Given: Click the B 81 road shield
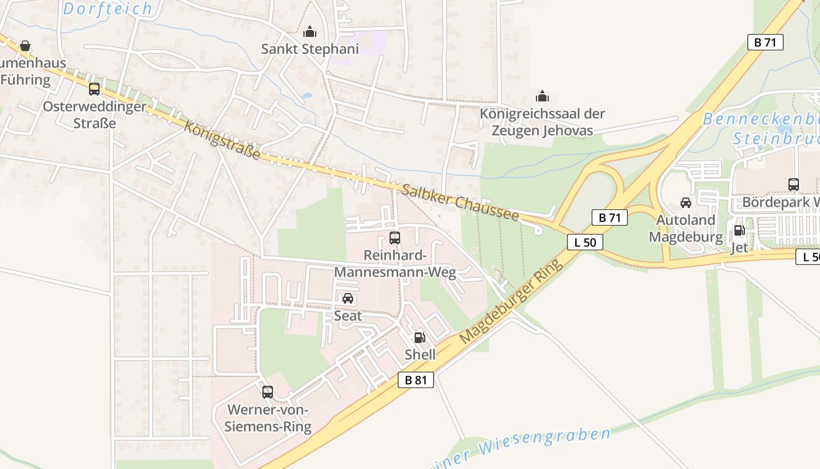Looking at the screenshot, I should pos(416,380).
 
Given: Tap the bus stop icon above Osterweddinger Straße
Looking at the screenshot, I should pos(94,89).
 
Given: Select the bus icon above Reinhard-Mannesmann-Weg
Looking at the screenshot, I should pos(395,238).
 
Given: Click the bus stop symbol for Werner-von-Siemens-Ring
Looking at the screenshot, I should pos(268,392).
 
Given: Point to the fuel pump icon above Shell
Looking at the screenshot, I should pos(419,337).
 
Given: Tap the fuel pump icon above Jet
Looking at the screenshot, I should pos(739,230).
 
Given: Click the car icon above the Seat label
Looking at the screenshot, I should pos(348,298).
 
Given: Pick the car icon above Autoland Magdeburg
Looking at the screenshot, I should pos(685,203).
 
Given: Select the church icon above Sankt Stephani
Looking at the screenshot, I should pos(310,32).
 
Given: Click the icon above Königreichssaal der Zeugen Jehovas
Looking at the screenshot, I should pos(542,96).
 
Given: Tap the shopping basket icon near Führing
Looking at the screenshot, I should pos(25,46).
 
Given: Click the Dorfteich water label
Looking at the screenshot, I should pos(108,9).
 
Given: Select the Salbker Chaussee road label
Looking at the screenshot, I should pos(460,203).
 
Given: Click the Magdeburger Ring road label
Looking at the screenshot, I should pos(511,301).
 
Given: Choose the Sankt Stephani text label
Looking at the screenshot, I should pos(310,49).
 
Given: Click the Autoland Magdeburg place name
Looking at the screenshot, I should pos(686,229).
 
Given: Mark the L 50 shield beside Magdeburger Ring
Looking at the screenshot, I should pos(585,242).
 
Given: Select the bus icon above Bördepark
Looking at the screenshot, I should pos(794,185).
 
